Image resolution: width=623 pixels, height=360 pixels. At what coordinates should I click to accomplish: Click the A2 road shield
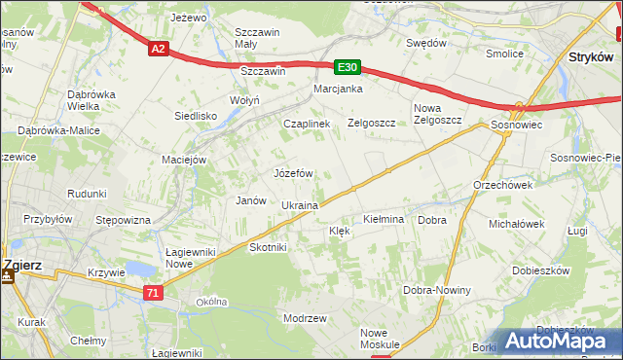coord(160,48)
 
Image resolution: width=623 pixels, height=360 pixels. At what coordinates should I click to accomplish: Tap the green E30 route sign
coord(348,67)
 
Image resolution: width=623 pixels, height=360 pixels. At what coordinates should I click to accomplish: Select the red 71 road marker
coord(152,292)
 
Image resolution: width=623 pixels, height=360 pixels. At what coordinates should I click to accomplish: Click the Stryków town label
coord(588,57)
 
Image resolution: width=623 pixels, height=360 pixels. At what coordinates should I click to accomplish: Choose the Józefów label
coord(293,173)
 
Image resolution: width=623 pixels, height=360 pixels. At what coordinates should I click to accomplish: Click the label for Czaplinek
coord(307,125)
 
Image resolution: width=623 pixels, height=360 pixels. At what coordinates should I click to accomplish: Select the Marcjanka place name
coord(338,90)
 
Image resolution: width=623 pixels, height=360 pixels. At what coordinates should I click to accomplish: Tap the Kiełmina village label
coord(383,220)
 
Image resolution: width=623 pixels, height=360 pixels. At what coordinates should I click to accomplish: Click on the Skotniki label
coord(268,247)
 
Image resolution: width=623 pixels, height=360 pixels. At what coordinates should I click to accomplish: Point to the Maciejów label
coord(184,160)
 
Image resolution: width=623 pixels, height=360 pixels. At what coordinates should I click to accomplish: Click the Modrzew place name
coord(304,318)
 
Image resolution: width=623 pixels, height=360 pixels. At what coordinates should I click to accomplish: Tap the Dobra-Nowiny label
coord(436,291)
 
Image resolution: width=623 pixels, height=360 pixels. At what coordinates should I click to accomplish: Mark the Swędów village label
coord(425,43)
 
